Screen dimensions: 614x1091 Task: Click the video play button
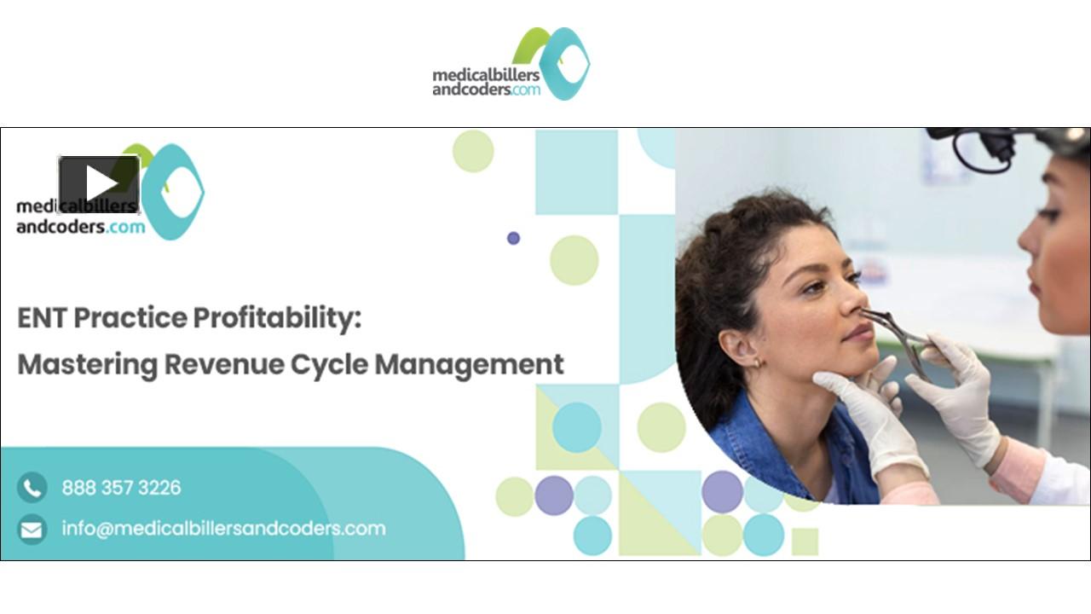pos(99,184)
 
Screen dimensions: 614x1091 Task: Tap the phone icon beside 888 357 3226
pos(32,488)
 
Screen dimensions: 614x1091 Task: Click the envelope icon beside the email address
pos(32,530)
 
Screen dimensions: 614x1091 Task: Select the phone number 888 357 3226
pos(121,488)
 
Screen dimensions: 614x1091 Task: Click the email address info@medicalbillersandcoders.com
pos(223,529)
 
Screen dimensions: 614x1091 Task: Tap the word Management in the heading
pos(470,364)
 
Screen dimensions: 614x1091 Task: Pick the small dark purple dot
pos(513,238)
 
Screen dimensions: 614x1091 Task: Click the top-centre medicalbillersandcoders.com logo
pos(511,65)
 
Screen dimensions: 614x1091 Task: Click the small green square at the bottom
pos(805,541)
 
